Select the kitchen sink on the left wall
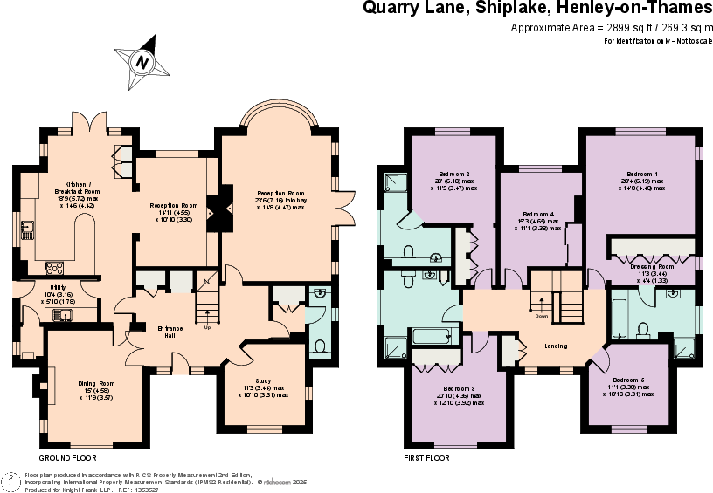pyautogui.click(x=27, y=230)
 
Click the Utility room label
pyautogui.click(x=59, y=287)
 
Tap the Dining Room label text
pyautogui.click(x=96, y=383)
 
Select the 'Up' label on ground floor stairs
pyautogui.click(x=207, y=328)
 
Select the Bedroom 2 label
pyautogui.click(x=454, y=174)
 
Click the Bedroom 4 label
pyautogui.click(x=538, y=214)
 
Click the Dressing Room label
pyautogui.click(x=652, y=266)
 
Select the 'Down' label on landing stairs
pyautogui.click(x=542, y=316)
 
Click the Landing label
pyautogui.click(x=556, y=346)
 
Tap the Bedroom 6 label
pyautogui.click(x=628, y=380)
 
